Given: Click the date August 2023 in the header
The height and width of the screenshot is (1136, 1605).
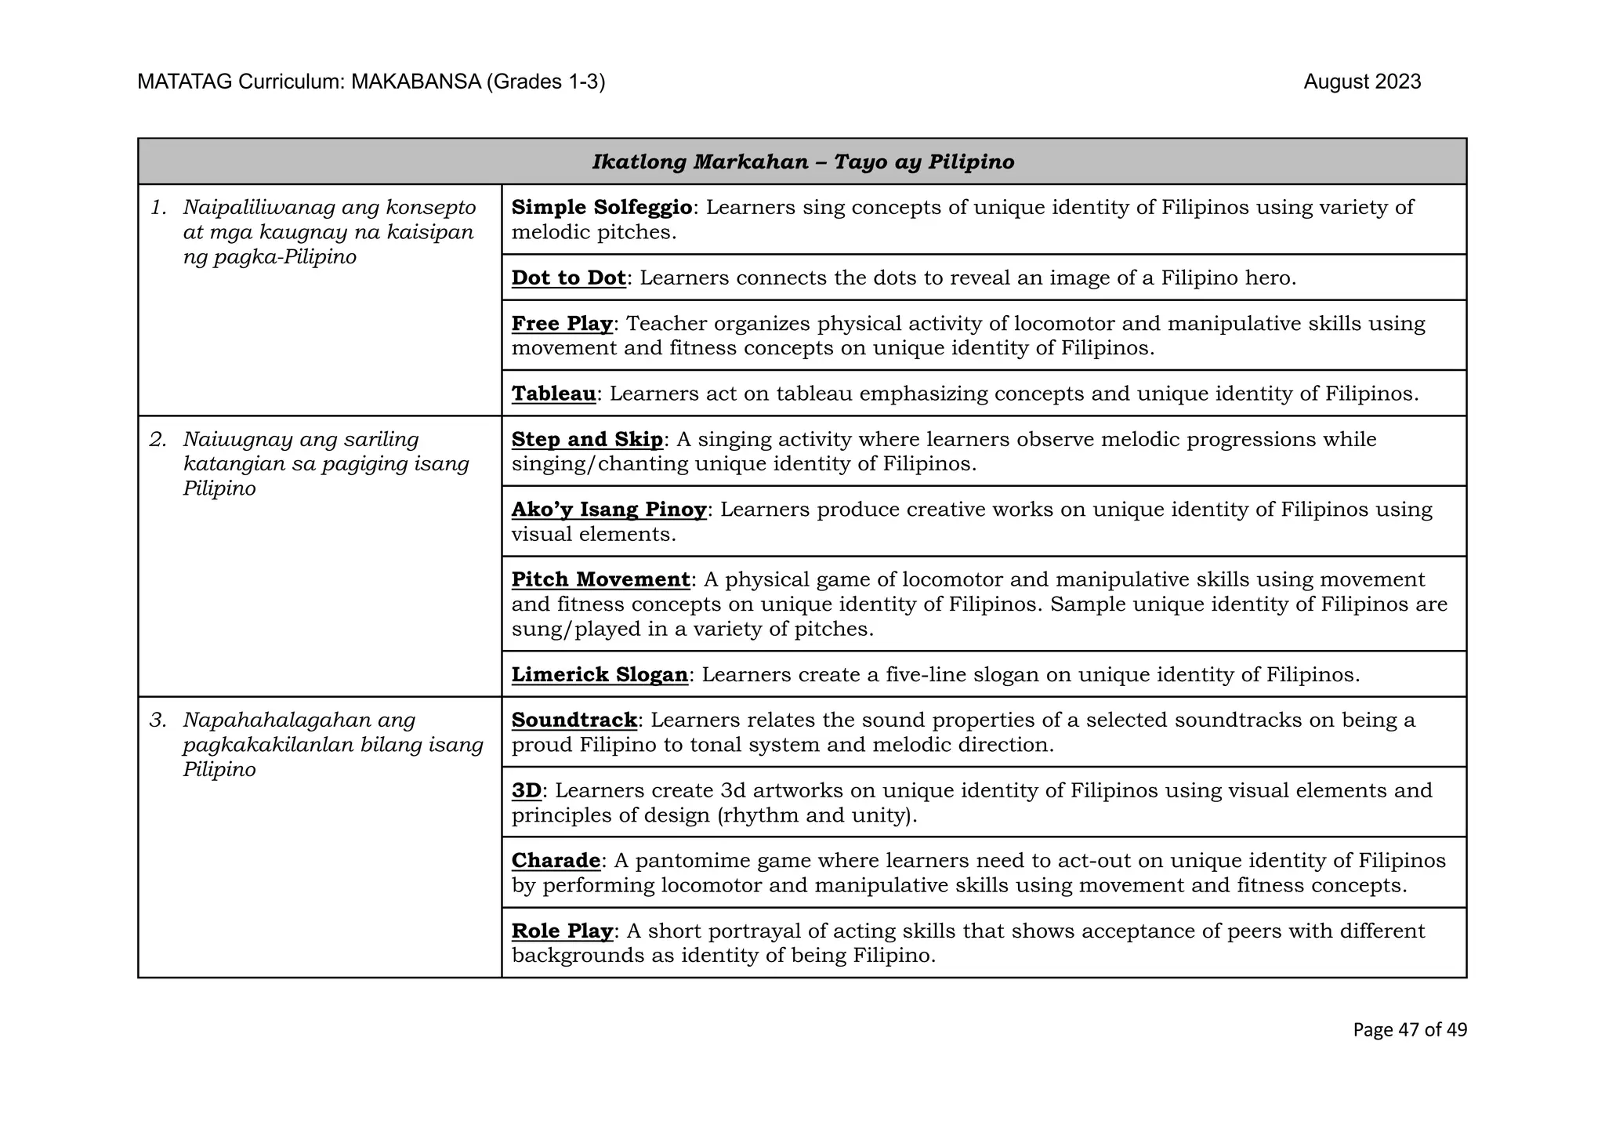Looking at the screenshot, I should pyautogui.click(x=1361, y=82).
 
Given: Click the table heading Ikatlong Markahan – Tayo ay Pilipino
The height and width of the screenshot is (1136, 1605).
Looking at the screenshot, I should pyautogui.click(x=802, y=162).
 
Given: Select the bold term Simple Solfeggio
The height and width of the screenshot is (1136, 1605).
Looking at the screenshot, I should pyautogui.click(x=601, y=208).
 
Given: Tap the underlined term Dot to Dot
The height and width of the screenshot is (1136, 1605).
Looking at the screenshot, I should pyautogui.click(x=568, y=278).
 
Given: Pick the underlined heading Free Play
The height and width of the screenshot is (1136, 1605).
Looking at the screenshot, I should pyautogui.click(x=561, y=324).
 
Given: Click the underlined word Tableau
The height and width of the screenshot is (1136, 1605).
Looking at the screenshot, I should pyautogui.click(x=553, y=394).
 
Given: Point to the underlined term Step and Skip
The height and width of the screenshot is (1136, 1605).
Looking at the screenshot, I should pyautogui.click(x=587, y=440).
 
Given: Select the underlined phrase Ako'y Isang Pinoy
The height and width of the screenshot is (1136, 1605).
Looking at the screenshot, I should pyautogui.click(x=609, y=510).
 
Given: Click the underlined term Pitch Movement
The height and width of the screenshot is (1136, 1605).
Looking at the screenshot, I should pyautogui.click(x=600, y=580).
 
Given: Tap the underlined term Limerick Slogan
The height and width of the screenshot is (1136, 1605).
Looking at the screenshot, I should pyautogui.click(x=600, y=675).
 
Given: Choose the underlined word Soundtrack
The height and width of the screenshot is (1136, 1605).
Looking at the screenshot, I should pyautogui.click(x=574, y=720).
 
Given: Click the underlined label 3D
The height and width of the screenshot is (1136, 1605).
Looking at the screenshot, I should pyautogui.click(x=527, y=791).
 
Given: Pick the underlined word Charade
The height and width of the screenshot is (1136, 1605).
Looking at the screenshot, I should pyautogui.click(x=556, y=861).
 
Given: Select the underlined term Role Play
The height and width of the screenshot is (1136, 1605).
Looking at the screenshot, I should pyautogui.click(x=561, y=931).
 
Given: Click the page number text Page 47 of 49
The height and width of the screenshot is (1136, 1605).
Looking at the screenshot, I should pyautogui.click(x=1409, y=1030).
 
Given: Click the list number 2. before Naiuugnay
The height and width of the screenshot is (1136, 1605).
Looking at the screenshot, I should pyautogui.click(x=158, y=440).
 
